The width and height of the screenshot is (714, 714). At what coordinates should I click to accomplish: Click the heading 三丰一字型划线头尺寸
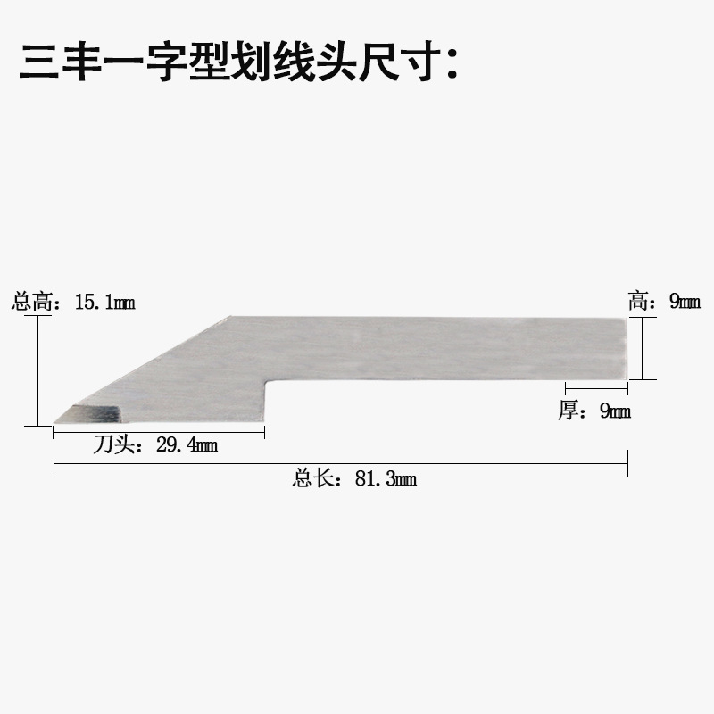pyautogui.click(x=239, y=62)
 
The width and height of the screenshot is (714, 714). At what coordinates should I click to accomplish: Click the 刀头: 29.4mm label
pyautogui.click(x=155, y=444)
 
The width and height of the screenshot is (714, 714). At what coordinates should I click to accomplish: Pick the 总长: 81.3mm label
pyautogui.click(x=354, y=479)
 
